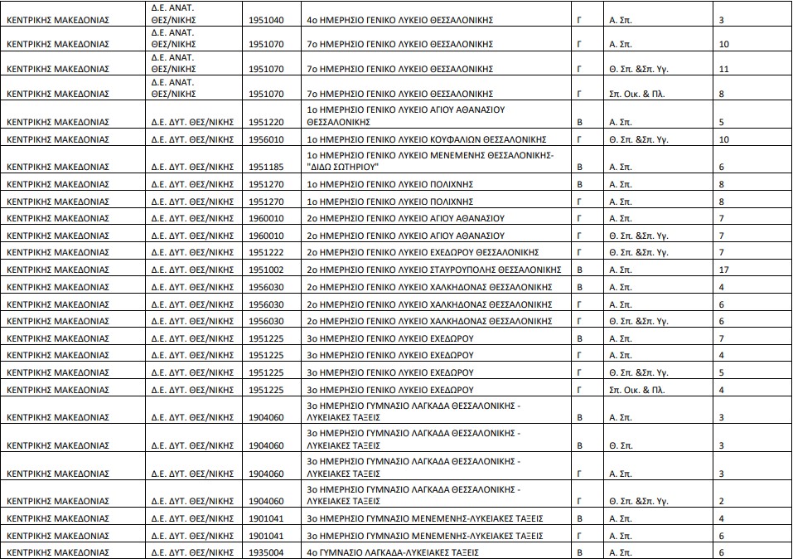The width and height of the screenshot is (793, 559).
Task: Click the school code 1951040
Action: coord(265,19)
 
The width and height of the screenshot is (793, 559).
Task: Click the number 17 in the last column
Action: coord(724,270)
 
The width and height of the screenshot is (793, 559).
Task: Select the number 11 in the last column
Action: coord(724,69)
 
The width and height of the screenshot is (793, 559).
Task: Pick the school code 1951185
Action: coord(265,167)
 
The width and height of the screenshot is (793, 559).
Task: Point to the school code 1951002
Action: coord(265,270)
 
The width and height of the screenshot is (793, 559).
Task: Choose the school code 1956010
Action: coord(265,139)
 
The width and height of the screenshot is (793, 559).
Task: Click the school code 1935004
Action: coord(265,552)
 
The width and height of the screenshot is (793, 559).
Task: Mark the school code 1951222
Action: coord(265,252)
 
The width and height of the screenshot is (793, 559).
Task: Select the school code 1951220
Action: coord(265,122)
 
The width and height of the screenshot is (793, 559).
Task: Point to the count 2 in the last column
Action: coord(722,501)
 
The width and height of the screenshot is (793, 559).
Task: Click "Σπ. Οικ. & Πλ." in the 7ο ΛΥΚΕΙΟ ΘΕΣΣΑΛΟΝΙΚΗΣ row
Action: coord(636,94)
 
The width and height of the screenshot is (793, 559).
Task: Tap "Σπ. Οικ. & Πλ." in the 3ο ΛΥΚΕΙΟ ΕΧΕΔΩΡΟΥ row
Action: coord(636,390)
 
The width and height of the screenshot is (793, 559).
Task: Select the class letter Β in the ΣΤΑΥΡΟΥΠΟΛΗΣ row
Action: coord(580,270)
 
